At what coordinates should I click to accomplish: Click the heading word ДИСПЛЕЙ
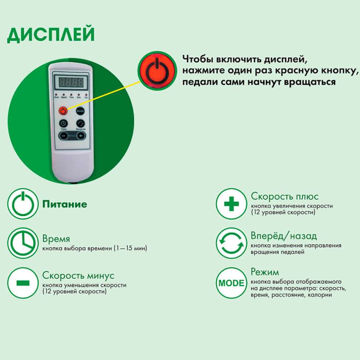point(51,35)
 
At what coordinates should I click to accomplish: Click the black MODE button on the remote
point(80,111)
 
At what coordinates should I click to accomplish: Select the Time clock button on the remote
point(63,123)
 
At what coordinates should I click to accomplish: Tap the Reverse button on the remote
point(81,123)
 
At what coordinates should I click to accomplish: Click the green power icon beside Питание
point(23,204)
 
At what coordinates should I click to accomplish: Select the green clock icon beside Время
point(23,243)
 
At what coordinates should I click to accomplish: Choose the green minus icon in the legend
point(23,282)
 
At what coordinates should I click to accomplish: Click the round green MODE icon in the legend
point(232,283)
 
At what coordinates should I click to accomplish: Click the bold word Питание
point(65,204)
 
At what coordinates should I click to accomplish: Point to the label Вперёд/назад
point(284,236)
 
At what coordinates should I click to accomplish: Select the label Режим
point(265,272)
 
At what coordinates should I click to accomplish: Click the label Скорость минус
point(78,275)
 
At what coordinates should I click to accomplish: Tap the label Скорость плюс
point(285,196)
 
